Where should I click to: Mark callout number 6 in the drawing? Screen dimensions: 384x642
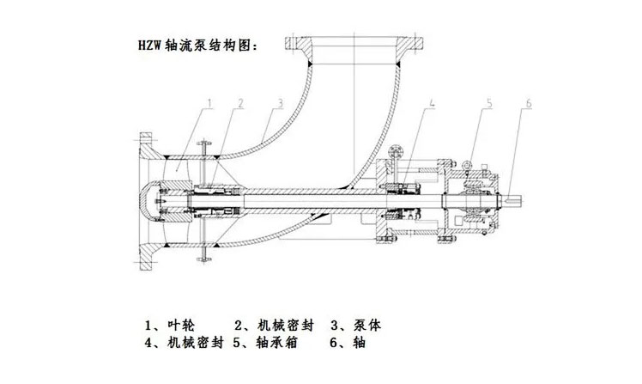[x=528, y=103]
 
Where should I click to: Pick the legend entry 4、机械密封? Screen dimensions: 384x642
[x=184, y=344]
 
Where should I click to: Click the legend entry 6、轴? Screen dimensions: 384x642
[x=347, y=344]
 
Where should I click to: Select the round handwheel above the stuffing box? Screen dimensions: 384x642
[x=394, y=155]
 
